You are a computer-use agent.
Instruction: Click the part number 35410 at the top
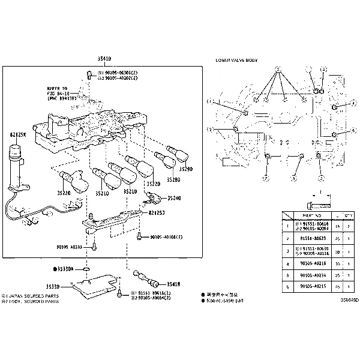pos(104,59)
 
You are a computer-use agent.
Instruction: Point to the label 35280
pos(173,179)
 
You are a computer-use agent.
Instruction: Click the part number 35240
pos(173,198)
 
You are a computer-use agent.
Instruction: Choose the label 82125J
pos(157,212)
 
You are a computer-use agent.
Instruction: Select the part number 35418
pos(173,284)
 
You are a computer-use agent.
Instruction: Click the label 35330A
pos(64,269)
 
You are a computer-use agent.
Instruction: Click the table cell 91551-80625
pos(313,238)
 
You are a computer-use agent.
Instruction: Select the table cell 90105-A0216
pos(313,263)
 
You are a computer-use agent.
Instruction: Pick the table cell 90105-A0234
pos(313,276)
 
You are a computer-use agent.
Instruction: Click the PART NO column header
pos(313,215)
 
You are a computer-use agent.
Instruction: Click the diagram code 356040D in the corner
pos(350,299)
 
